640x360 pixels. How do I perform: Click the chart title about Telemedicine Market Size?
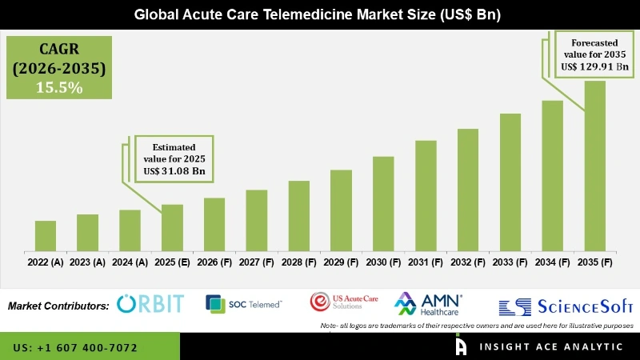pyautogui.click(x=320, y=14)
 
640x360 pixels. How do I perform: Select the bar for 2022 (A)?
pyautogui.click(x=46, y=235)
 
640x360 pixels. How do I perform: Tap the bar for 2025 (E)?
pyautogui.click(x=172, y=227)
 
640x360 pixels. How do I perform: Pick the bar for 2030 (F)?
pyautogui.click(x=383, y=203)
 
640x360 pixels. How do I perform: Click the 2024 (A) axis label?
pyautogui.click(x=130, y=262)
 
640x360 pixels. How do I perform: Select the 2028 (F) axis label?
pyautogui.click(x=298, y=262)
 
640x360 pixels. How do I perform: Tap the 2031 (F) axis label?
pyautogui.click(x=426, y=262)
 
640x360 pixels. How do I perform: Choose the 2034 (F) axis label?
pyautogui.click(x=552, y=262)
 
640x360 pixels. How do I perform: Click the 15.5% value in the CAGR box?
pyautogui.click(x=59, y=88)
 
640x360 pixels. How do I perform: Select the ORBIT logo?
pyautogui.click(x=150, y=304)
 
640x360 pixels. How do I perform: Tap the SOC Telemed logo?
pyautogui.click(x=243, y=304)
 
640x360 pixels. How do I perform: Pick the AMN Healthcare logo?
pyautogui.click(x=429, y=304)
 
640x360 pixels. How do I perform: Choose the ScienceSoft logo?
pyautogui.click(x=566, y=306)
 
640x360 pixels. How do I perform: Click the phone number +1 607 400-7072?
pyautogui.click(x=75, y=348)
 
